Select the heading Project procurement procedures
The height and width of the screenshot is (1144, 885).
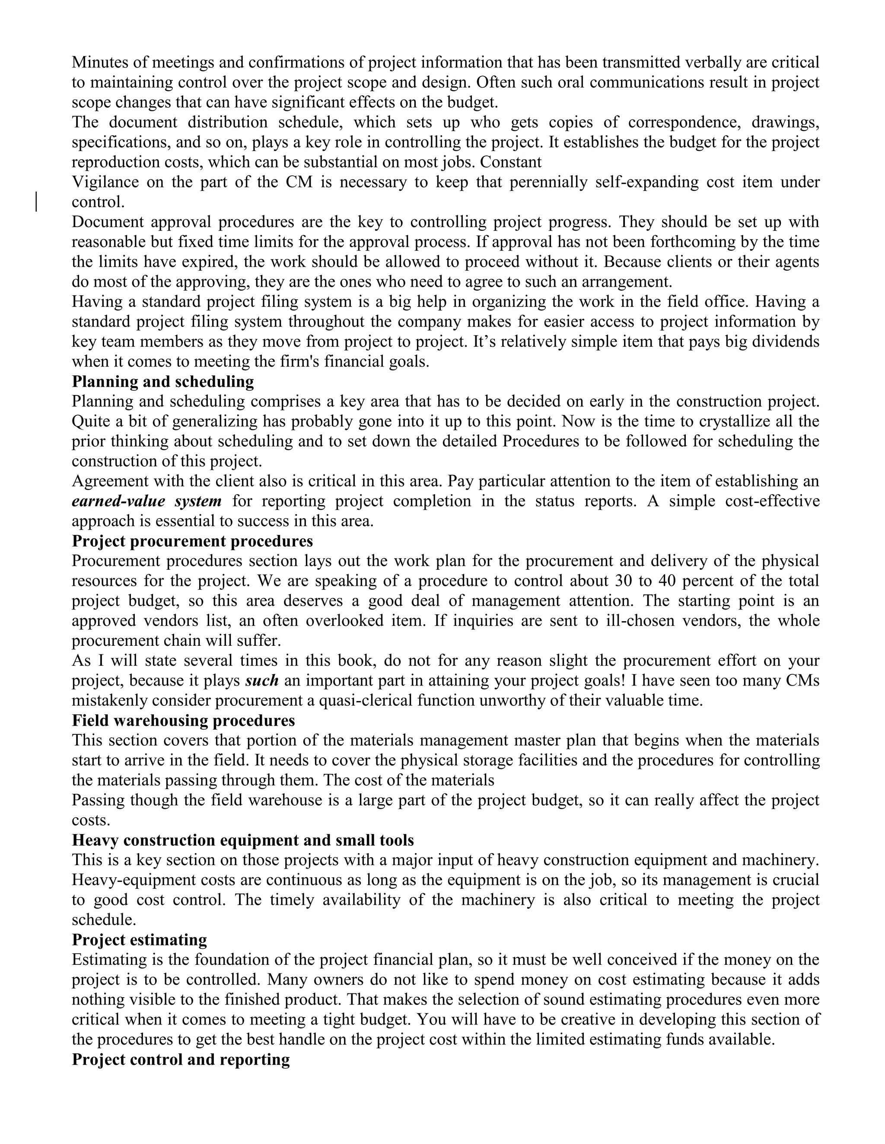point(192,540)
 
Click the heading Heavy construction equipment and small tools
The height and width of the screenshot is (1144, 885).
point(242,840)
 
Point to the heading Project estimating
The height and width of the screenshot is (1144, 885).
point(139,939)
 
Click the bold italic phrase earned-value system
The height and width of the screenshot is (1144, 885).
point(146,501)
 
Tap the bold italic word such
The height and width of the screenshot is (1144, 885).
point(261,680)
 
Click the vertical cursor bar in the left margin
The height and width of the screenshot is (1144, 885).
point(36,202)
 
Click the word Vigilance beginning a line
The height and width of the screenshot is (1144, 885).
point(105,182)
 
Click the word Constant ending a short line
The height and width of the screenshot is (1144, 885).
point(511,162)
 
